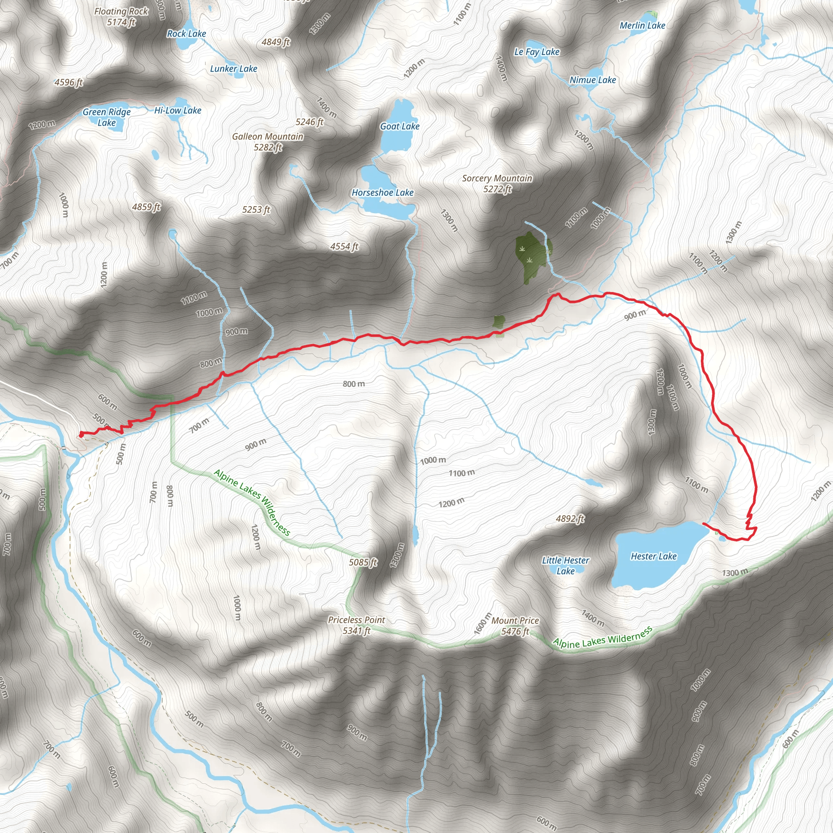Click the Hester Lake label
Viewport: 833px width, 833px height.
coord(653,556)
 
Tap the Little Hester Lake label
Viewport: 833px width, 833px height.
coord(565,566)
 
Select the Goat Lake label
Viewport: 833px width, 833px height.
coord(399,126)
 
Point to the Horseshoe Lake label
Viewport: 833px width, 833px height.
coord(382,193)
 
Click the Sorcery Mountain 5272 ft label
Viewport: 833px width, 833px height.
coord(497,184)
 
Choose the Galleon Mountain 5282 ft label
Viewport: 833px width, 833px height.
coord(268,142)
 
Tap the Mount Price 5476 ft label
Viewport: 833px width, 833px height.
coord(515,626)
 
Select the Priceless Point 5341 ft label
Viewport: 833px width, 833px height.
coord(356,625)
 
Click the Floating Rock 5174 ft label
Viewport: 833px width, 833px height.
coord(121,17)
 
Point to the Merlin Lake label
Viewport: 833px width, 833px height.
coord(642,26)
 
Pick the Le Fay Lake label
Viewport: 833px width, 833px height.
coord(536,52)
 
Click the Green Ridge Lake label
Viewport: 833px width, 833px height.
coord(107,117)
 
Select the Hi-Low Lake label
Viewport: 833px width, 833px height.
coord(178,110)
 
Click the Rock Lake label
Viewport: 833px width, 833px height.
coord(186,34)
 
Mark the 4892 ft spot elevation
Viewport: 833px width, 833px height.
coord(570,519)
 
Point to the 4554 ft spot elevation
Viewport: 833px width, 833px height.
coord(344,246)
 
